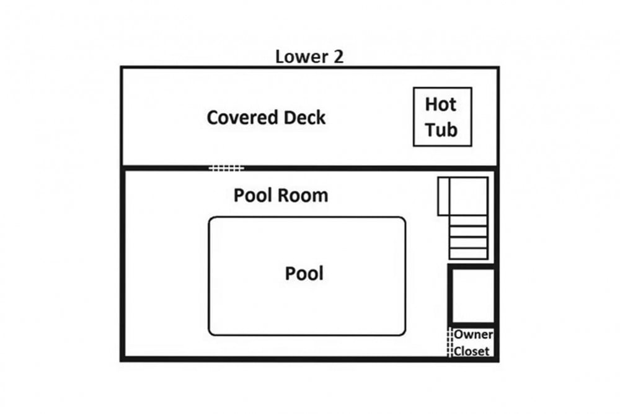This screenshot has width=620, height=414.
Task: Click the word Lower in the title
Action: click(301, 56)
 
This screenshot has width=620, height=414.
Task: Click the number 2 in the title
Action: click(339, 56)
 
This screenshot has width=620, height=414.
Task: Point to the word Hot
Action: click(440, 104)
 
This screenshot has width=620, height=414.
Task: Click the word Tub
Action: click(441, 130)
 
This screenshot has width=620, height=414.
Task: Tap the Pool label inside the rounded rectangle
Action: click(304, 274)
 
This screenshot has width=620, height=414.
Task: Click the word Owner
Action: click(473, 335)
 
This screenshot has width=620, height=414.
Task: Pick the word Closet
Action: click(471, 351)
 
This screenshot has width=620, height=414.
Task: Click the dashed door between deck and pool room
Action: click(226, 169)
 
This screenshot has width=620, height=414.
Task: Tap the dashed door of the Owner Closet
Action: click(449, 342)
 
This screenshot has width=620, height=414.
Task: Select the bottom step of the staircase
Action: click(468, 254)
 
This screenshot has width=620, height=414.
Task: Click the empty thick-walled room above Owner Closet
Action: click(472, 295)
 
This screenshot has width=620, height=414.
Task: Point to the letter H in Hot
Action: click(431, 104)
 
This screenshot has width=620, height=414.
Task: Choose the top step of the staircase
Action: click(468, 221)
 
